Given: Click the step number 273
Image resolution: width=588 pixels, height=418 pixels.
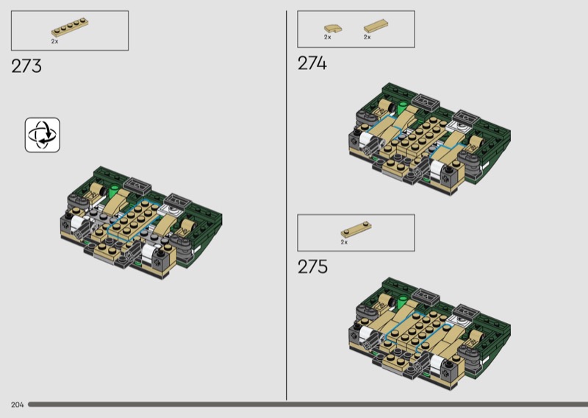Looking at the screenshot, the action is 26,66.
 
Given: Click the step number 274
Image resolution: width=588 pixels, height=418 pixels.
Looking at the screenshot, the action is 312,63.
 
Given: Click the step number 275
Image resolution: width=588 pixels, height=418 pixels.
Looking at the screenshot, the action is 312,266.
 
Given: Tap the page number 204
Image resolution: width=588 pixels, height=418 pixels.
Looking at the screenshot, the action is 17,405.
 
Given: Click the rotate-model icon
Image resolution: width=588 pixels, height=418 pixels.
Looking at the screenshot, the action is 43,135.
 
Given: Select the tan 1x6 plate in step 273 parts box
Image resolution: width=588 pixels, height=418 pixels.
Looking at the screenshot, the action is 70,27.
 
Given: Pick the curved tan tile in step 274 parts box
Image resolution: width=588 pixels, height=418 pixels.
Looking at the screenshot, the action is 333,29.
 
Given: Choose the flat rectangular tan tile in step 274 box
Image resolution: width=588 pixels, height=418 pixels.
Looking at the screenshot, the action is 376,26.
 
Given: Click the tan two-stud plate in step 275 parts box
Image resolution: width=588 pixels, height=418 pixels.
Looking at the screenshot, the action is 356,229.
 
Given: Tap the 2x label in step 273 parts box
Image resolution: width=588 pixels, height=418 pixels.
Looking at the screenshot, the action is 54,42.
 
